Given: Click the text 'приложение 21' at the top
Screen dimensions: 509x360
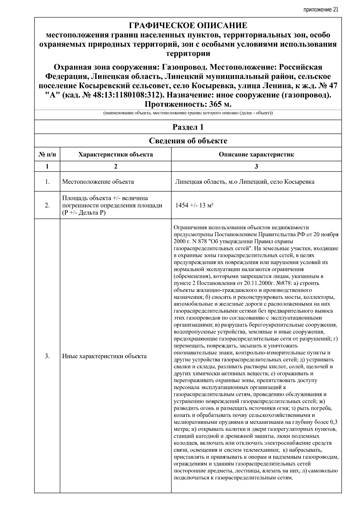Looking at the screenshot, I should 321,10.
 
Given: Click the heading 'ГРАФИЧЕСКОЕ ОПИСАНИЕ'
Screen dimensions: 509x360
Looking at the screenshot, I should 188,25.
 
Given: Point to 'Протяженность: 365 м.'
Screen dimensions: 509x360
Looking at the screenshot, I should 188,104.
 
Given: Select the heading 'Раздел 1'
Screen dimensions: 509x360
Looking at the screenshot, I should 188,127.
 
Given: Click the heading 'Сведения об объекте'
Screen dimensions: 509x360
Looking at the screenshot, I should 188,141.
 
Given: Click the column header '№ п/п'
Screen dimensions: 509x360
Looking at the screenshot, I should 47,155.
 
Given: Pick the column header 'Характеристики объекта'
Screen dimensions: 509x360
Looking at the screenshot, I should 115,155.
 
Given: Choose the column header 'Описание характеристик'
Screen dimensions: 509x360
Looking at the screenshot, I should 256,155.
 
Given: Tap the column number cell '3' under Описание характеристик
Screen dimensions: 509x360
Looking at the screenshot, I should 256,166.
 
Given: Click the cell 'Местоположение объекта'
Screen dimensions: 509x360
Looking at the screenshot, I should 98,182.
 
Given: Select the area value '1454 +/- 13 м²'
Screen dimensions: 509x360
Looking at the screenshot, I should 194,205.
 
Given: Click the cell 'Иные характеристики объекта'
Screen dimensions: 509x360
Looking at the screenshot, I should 104,356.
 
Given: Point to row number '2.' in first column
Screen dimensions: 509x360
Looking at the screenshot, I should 47,205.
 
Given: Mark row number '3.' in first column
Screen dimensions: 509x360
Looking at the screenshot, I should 47,356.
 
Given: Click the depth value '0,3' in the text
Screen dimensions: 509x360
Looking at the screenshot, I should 333,422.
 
